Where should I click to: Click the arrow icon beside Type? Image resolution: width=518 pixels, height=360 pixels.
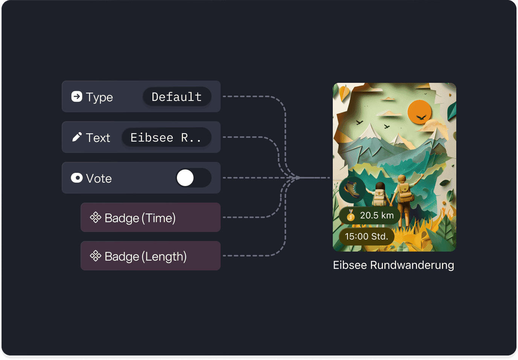click(x=76, y=96)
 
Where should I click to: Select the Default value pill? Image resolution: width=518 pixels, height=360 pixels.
click(x=177, y=97)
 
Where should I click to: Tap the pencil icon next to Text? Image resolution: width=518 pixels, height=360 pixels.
click(x=77, y=137)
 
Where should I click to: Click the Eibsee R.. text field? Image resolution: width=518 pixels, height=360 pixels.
click(x=166, y=137)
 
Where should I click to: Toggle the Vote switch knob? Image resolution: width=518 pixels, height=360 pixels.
click(x=185, y=178)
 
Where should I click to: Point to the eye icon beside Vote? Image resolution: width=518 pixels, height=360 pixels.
click(x=77, y=178)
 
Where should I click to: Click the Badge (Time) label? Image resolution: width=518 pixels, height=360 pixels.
click(x=140, y=218)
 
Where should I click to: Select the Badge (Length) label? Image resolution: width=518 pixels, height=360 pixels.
click(x=145, y=256)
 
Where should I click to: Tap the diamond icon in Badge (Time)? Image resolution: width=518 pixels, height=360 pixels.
click(x=96, y=218)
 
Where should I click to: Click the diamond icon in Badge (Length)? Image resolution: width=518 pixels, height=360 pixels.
click(x=96, y=256)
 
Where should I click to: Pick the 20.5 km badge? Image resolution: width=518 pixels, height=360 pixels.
click(x=370, y=216)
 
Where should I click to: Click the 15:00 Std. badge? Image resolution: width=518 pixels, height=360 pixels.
click(x=367, y=236)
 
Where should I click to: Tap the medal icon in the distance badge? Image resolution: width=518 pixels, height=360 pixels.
click(x=351, y=215)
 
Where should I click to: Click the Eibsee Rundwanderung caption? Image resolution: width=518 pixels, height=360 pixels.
click(x=393, y=265)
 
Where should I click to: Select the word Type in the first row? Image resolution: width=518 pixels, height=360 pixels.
click(x=99, y=98)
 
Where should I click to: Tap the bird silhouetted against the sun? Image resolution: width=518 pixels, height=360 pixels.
click(x=421, y=117)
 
